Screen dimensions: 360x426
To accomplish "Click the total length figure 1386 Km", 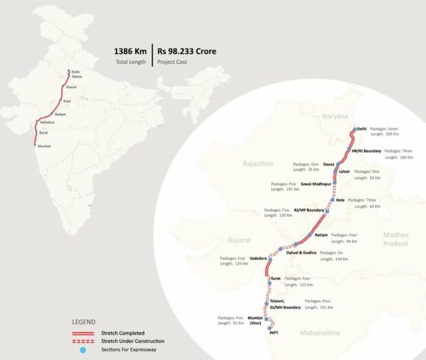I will tap(130, 51).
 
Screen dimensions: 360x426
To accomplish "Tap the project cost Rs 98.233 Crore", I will tap(182, 51).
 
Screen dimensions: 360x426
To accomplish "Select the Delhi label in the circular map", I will tap(362, 128).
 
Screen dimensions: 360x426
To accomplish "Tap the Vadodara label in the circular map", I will tap(258, 258).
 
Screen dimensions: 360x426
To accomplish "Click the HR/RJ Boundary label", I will tap(366, 150).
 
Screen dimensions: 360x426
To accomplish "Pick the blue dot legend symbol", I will tap(84, 350).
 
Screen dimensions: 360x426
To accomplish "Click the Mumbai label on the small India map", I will tap(44, 146).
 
